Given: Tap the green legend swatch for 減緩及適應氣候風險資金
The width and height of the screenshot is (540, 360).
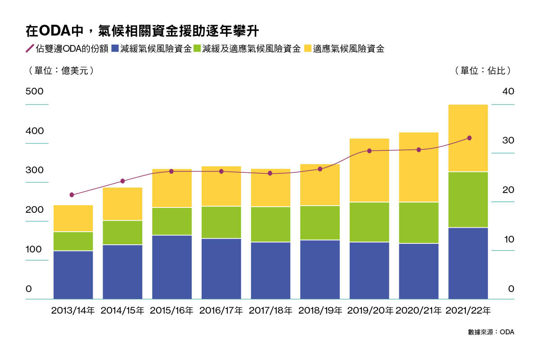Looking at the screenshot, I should click(x=197, y=49).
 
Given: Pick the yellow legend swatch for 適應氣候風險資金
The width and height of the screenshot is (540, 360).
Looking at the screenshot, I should click(x=308, y=49).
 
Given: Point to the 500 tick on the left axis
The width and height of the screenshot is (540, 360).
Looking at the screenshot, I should click(x=35, y=91).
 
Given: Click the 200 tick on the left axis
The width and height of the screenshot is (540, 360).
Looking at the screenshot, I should click(x=35, y=210).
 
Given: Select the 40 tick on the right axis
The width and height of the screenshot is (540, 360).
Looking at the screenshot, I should click(x=508, y=91).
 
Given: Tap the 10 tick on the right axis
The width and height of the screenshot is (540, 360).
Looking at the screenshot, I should click(x=508, y=239).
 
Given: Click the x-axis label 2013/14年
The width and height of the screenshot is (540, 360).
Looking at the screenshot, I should click(x=73, y=310).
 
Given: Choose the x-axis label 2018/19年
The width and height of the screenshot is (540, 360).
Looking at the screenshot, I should click(x=320, y=310).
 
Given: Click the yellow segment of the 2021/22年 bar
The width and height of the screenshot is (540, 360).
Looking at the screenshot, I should click(x=468, y=138).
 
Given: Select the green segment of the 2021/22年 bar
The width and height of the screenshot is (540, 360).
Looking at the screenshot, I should click(x=468, y=199).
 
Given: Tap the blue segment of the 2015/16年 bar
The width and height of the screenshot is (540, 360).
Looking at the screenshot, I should click(x=172, y=267).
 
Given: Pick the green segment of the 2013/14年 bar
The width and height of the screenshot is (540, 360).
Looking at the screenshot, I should click(x=73, y=241).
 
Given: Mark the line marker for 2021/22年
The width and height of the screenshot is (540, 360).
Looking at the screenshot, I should click(x=469, y=138).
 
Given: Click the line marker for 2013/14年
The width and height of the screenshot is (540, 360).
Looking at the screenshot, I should click(x=72, y=195).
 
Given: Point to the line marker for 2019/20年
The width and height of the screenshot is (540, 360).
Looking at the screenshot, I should click(x=369, y=151).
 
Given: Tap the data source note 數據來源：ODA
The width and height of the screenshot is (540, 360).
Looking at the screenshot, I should click(x=490, y=332).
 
